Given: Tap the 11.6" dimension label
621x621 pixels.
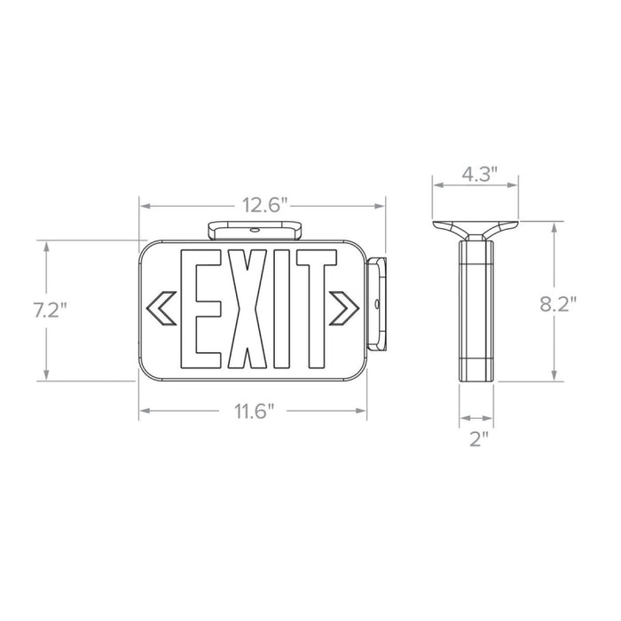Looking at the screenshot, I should coord(255,412).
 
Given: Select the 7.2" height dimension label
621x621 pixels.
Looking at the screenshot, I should coord(50,310).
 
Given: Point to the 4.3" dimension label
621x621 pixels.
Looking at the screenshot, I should coord(476,175).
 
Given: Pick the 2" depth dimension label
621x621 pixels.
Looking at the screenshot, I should coord(478,439).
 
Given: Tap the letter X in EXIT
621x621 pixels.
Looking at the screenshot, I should coord(247,310).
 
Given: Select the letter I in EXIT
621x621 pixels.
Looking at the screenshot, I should coord(283,310).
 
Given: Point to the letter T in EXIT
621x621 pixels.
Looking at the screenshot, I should coord(315,310).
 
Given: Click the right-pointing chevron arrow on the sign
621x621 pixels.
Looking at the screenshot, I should coord(344,307).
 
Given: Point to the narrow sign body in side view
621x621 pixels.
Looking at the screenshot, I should coord(476,310).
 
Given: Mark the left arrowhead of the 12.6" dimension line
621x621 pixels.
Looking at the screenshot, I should coord(142,207).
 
